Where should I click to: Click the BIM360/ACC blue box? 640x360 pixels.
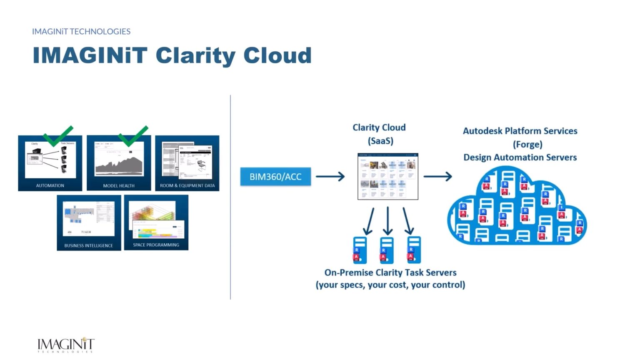[275, 177]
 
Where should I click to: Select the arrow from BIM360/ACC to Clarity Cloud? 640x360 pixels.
[330, 177]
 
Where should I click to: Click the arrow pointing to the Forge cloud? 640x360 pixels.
[437, 177]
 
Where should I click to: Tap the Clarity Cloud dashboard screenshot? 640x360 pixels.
[387, 176]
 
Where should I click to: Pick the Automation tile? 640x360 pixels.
[50, 163]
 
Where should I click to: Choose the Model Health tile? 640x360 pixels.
[119, 163]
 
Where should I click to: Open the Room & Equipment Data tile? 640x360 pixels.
[187, 163]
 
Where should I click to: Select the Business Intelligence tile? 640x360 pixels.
[89, 223]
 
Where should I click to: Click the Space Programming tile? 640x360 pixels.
[156, 222]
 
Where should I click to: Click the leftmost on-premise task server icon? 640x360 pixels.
[360, 250]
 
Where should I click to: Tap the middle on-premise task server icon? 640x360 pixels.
[387, 250]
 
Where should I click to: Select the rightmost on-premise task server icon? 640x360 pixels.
[414, 250]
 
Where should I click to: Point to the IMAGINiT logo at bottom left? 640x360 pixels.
[66, 345]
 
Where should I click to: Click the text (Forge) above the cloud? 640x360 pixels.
[527, 144]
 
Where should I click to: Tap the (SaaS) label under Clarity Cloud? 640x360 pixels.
[380, 141]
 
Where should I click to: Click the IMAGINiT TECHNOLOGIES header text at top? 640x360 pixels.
[81, 31]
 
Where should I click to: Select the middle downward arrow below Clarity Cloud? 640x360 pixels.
[388, 221]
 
